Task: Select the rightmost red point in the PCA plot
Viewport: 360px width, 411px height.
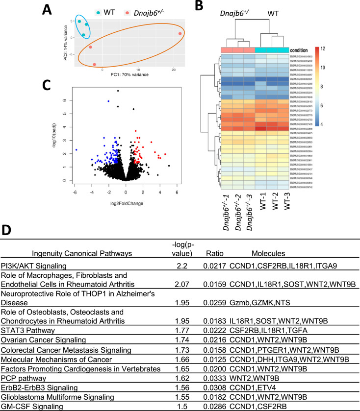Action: click(180, 34)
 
